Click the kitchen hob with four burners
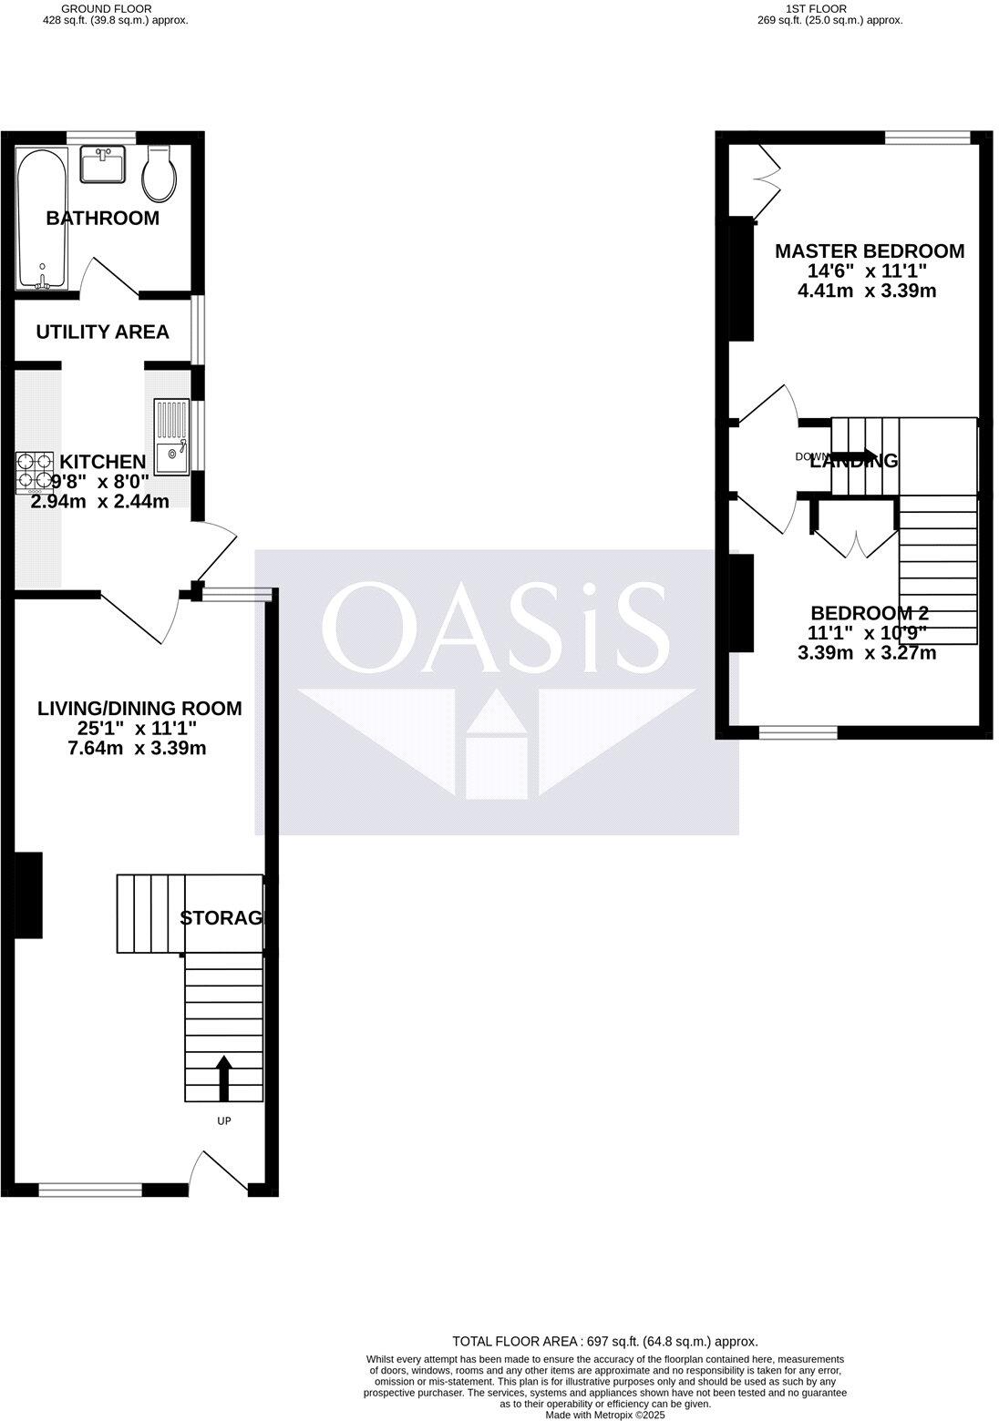coord(35,472)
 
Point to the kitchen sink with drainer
coord(171,437)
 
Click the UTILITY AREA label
coord(102,332)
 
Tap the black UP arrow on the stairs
coord(223,1079)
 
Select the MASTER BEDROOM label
coord(869,251)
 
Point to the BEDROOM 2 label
coord(869,613)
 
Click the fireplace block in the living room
coord(29,895)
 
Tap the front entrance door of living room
coord(219,1173)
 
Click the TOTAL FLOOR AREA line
coord(605,1341)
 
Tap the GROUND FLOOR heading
coord(113,8)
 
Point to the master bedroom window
coord(927,138)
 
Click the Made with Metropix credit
coord(605,1415)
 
